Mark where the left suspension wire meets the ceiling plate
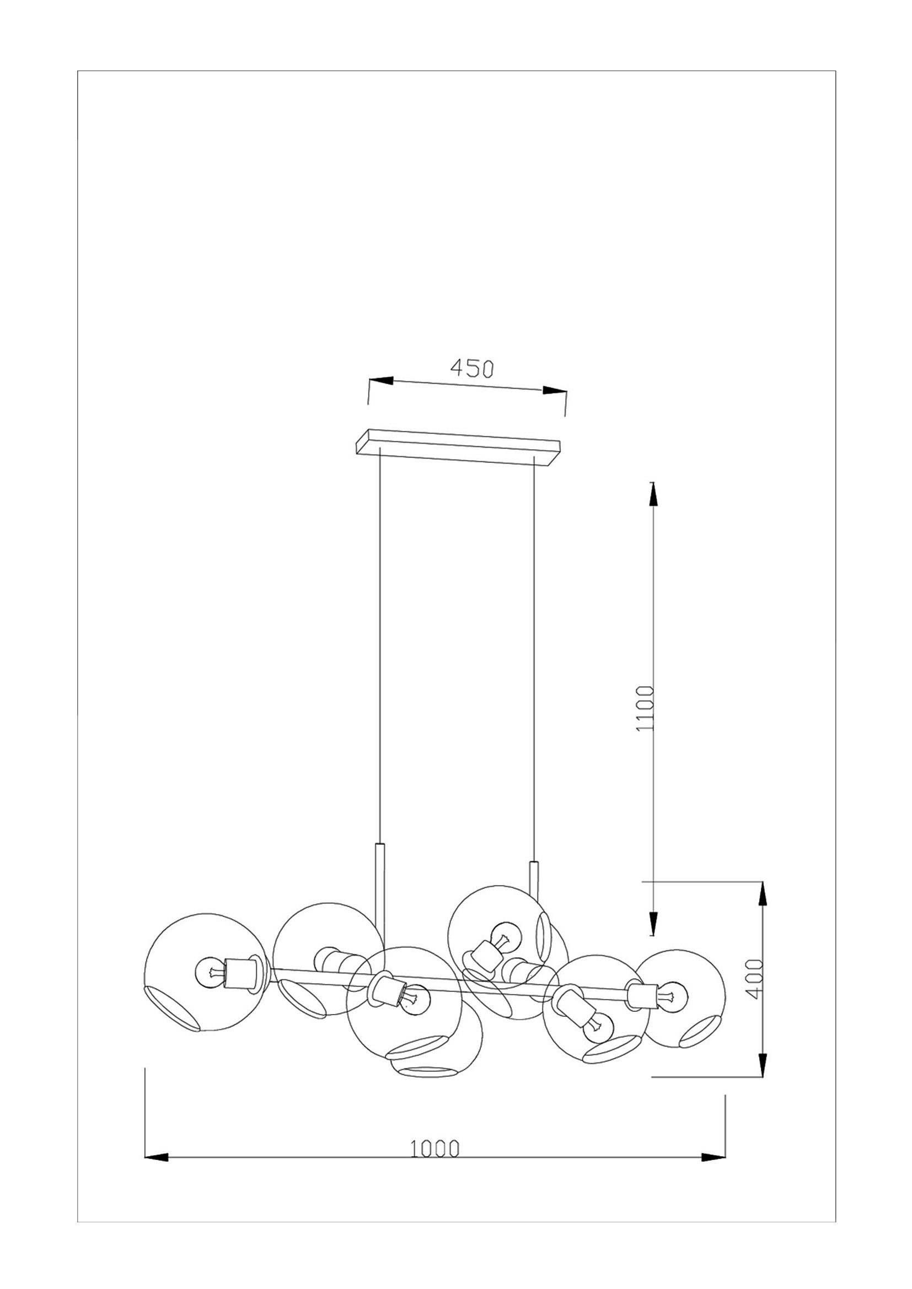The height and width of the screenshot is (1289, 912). coord(381,447)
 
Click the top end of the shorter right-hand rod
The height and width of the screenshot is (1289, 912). coord(534,877)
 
